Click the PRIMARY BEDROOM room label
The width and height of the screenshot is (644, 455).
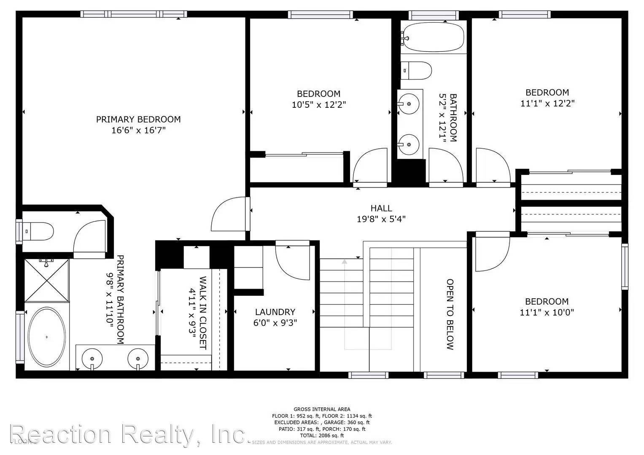pos(138,119)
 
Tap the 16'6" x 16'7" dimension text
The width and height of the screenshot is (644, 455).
pos(138,130)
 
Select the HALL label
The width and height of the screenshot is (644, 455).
pos(381,208)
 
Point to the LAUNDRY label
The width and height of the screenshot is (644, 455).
pos(275,312)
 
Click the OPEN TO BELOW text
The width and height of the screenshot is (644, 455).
pos(450,314)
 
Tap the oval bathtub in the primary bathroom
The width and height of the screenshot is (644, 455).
pos(46,337)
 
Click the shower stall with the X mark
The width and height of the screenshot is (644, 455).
pos(46,280)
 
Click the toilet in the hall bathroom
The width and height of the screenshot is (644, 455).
pos(416,70)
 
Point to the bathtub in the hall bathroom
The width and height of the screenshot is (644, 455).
pos(433,37)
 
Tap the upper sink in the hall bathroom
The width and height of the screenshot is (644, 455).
pos(408,103)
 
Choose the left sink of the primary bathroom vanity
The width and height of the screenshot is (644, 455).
pos(92,359)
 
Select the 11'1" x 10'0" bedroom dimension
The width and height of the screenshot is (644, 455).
pos(547,313)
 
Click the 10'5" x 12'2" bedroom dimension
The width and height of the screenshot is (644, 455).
pos(318,104)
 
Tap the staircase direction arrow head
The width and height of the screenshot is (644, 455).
pos(345,262)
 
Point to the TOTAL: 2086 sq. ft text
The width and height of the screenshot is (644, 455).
pos(321,435)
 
